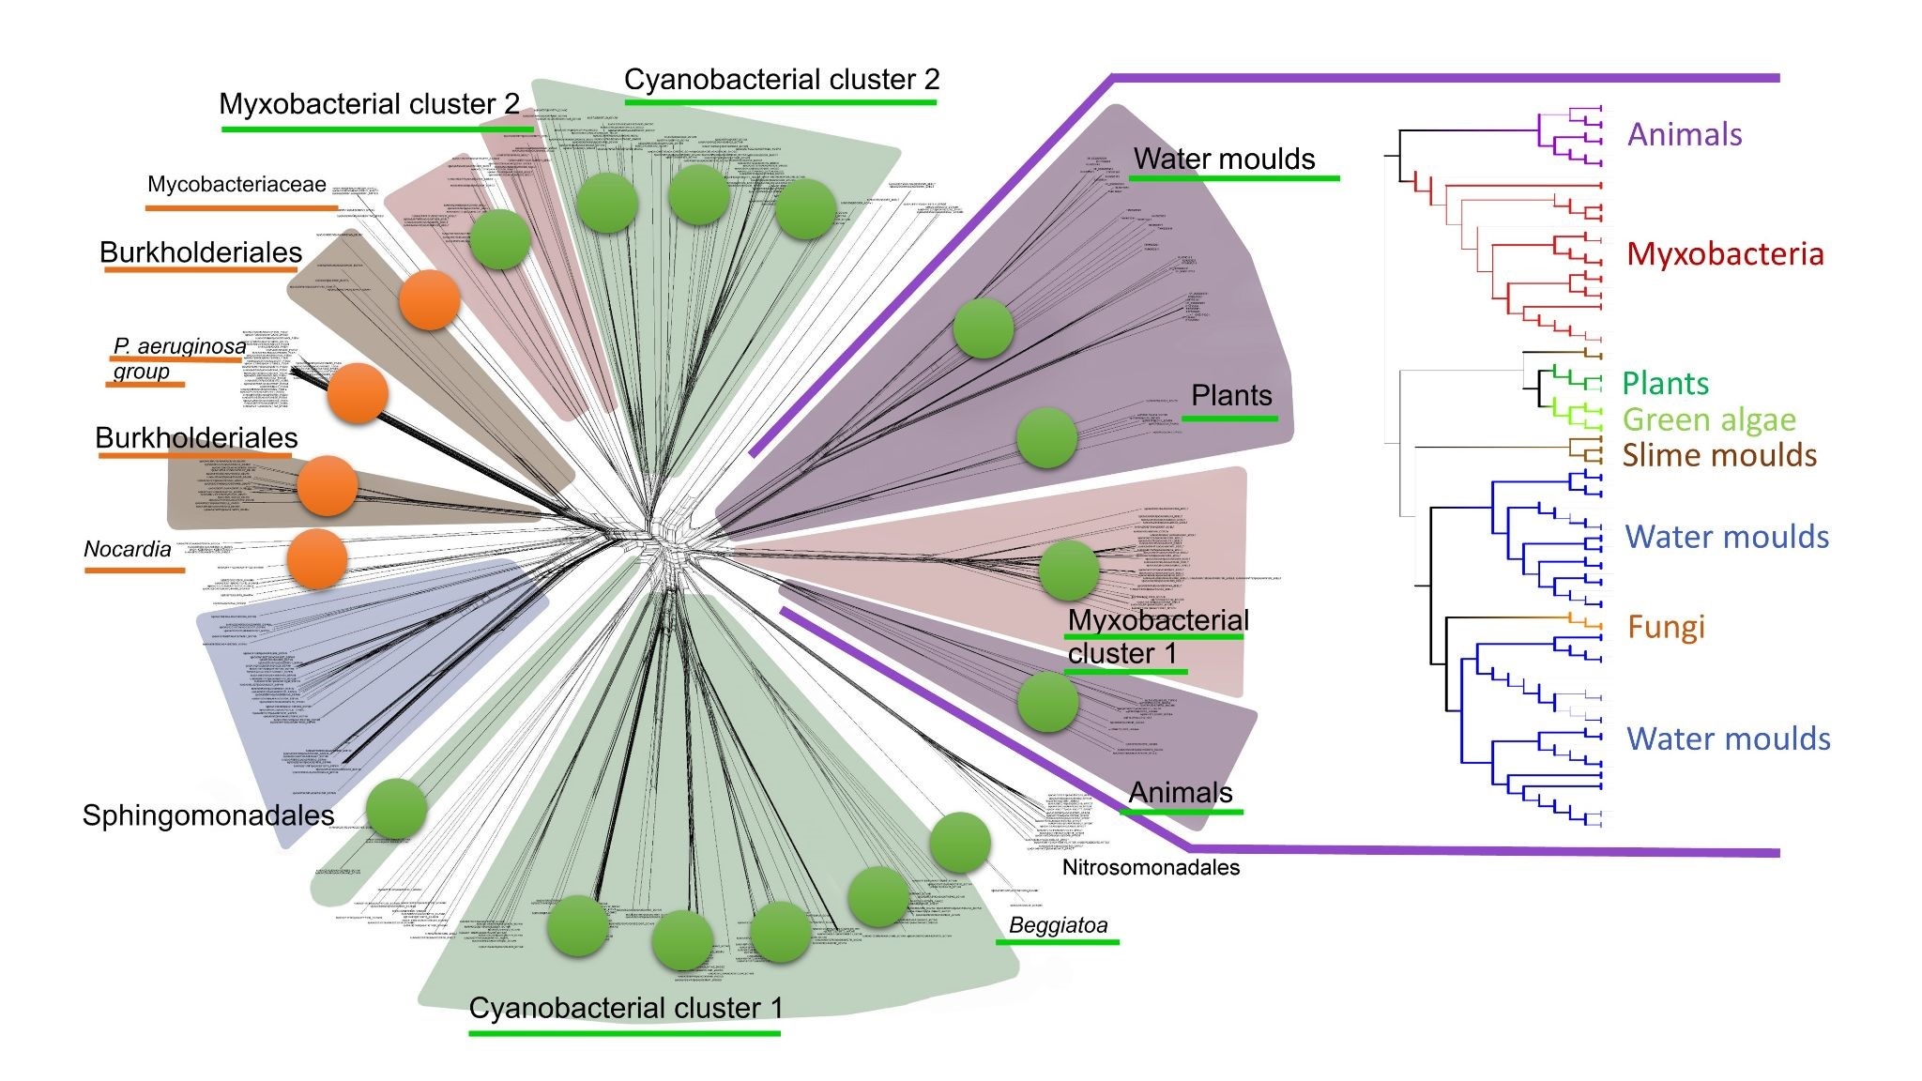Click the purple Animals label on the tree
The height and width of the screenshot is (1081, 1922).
point(1684,134)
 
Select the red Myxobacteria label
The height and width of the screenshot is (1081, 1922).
point(1725,253)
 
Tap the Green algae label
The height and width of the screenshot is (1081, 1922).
point(1708,419)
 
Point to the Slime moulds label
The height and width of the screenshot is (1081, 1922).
point(1719,455)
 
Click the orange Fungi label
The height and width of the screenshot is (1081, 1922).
point(1666,627)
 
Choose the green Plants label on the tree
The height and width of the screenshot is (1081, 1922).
point(1666,383)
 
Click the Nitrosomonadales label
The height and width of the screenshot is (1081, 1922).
point(1151,868)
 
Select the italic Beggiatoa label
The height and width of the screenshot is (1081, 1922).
point(1058,925)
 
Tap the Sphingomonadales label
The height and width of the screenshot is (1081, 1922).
point(208,815)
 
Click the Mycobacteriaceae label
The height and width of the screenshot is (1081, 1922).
point(236,185)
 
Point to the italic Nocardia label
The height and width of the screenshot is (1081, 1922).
point(128,549)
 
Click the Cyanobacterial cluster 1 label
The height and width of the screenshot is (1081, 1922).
point(625,1008)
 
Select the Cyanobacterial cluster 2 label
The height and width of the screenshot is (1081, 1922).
point(781,80)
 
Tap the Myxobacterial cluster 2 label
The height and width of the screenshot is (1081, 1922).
point(369,104)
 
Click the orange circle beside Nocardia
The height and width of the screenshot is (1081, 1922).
point(317,559)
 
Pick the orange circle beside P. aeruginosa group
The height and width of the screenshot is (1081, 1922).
point(358,394)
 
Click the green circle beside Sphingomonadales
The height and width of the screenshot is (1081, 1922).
point(396,809)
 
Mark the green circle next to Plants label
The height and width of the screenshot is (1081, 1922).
point(1046,437)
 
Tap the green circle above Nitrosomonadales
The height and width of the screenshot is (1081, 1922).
point(960,842)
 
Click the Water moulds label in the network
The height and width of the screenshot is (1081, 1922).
point(1224,160)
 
